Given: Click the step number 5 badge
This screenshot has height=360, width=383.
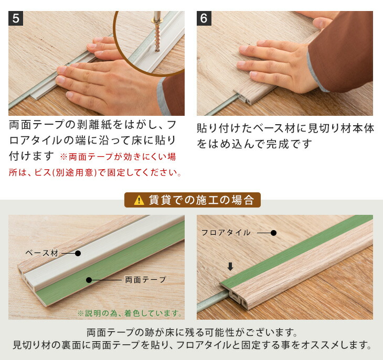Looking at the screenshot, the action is click(16, 18).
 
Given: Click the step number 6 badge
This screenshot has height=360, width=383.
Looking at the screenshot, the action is click(204, 18).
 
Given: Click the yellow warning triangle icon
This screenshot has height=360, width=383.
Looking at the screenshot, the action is click(139, 200).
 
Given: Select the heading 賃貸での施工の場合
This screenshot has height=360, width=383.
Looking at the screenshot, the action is click(201, 200).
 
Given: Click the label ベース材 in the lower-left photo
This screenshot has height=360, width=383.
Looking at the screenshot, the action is click(42, 253).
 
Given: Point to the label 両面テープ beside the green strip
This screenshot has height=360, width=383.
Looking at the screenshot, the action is click(145, 280).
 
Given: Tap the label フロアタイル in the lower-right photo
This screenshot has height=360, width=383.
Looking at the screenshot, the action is click(226, 233).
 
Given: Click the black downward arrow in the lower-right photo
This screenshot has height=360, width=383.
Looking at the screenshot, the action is click(230, 266).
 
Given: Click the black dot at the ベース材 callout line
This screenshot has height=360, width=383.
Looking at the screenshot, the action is click(78, 254).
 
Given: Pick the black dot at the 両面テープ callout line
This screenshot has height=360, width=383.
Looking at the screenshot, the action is click(89, 280).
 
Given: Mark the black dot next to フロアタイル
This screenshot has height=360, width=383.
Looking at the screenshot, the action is click(273, 233).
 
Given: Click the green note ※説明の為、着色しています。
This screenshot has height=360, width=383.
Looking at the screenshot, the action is click(130, 313).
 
